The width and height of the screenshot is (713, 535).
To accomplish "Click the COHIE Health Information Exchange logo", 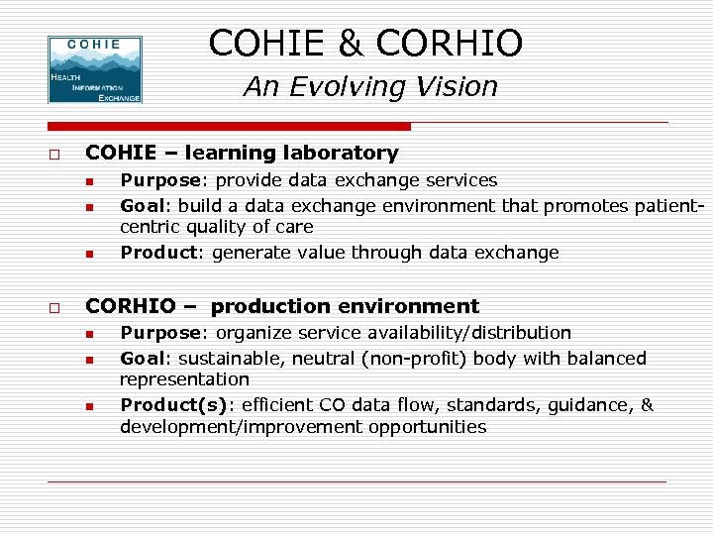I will pos(95,69).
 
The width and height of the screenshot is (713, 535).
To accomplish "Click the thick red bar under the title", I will pos(229,127).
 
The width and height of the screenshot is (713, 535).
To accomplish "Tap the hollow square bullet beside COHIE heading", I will pos(54,156).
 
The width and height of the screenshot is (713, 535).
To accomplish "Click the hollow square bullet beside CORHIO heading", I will pos(54,309).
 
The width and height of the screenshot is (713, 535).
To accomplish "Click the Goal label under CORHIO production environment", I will pos(141,359).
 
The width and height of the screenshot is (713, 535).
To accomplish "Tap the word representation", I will pos(184,379).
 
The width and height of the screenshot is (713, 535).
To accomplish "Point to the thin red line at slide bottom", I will pos(356,481).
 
